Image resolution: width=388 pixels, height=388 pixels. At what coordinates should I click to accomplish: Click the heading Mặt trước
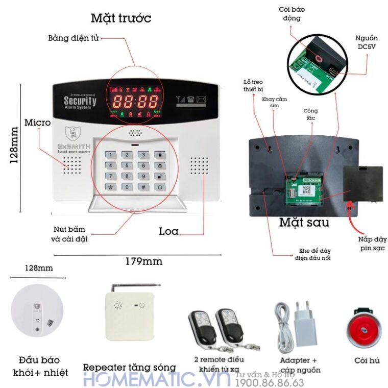click(x=121, y=18)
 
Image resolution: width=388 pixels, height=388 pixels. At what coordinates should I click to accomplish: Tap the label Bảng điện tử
click(x=73, y=38)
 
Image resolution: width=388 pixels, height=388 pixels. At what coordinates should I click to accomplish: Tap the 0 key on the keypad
click(x=127, y=187)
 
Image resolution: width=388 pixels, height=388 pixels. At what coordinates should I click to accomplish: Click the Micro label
click(x=38, y=123)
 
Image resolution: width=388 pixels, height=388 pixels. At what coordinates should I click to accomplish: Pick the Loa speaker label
click(x=168, y=231)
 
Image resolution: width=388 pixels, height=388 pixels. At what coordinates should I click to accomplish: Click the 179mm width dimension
click(x=144, y=261)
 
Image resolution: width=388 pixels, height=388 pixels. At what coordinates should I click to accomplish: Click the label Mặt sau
click(x=304, y=223)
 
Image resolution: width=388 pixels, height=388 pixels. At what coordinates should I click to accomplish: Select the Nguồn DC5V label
click(x=367, y=42)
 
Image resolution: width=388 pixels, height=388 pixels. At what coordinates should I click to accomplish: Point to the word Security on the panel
click(x=80, y=101)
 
